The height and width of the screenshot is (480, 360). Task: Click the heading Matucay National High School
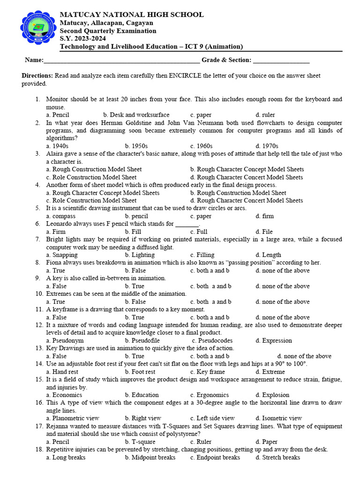131,15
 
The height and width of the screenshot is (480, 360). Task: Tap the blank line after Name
121,60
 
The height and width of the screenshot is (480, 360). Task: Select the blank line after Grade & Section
281,60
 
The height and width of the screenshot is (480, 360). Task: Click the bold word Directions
37,75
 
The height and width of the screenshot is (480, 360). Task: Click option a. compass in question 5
60,216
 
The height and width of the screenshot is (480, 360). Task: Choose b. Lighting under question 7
139,255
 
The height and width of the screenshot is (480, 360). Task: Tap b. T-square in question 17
140,442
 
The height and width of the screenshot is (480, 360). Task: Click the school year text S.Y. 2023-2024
82,38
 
